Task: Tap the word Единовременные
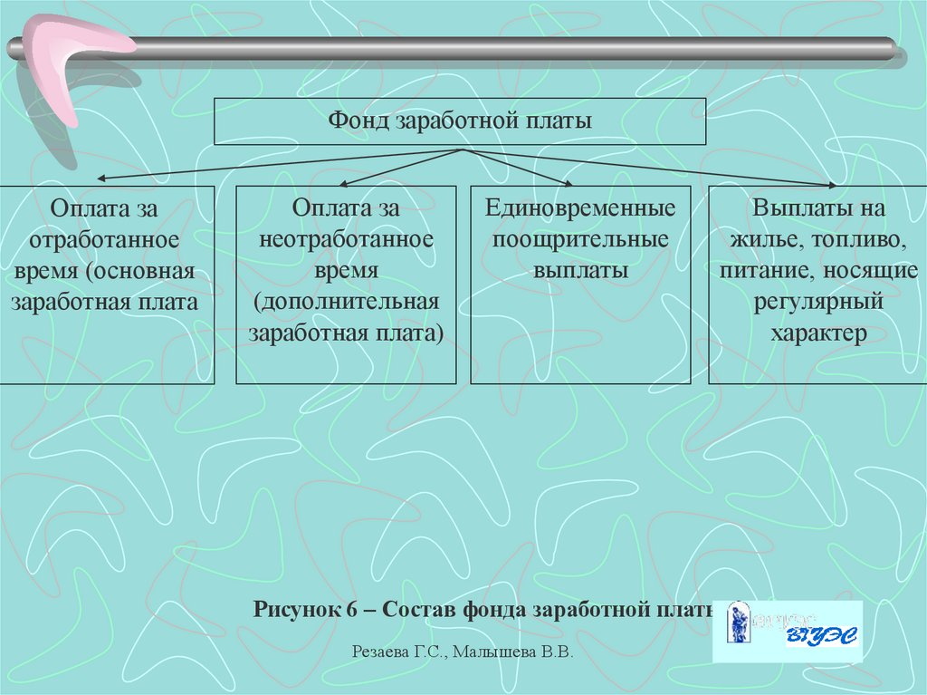tap(580, 208)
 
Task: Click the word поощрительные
tap(580, 240)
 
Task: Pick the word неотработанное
tap(347, 239)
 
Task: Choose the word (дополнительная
tap(347, 301)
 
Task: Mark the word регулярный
tap(818, 302)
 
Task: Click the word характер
tap(818, 333)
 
